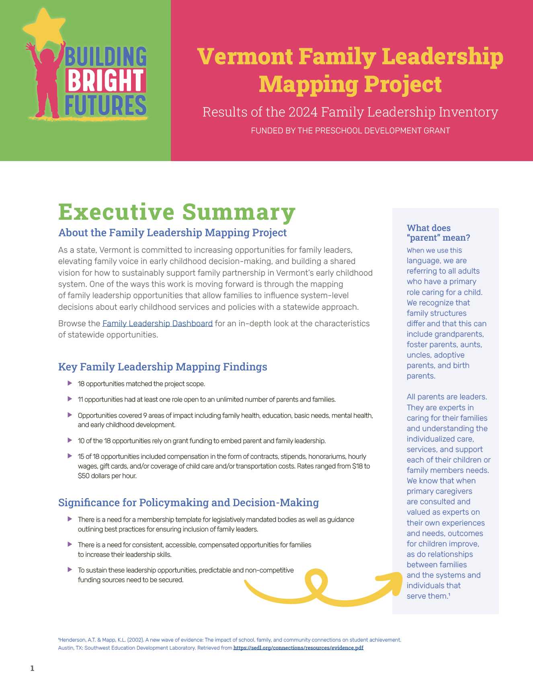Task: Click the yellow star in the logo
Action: point(44,29)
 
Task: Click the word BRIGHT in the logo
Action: point(105,80)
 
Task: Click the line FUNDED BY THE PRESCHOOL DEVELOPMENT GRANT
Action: point(350,131)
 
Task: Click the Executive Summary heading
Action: point(177,212)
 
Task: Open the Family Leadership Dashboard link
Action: point(157,323)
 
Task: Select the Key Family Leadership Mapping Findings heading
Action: point(162,366)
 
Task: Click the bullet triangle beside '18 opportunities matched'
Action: point(70,383)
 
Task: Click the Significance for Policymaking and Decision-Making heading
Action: point(189,502)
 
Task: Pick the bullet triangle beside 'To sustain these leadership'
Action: point(70,570)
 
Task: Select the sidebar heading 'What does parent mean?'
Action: point(438,233)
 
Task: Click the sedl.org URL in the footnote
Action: point(298,648)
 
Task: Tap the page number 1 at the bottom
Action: point(32,668)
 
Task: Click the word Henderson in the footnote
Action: point(72,640)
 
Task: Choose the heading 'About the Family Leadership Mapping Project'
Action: point(172,233)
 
